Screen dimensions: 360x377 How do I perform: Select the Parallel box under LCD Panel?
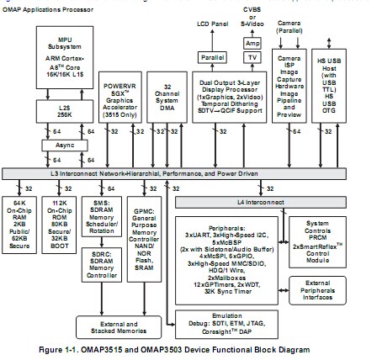pyautogui.click(x=210, y=57)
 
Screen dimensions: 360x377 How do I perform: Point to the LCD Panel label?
pyautogui.click(x=210, y=24)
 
